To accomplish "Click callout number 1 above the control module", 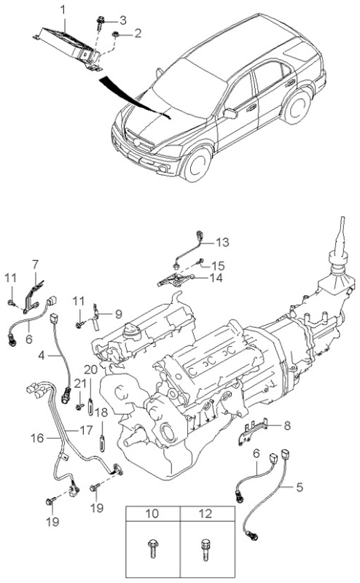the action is coord(63,9).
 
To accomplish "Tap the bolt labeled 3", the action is coord(101,23).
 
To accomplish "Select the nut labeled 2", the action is coord(116,35).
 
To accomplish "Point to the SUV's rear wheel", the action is coord(297,106).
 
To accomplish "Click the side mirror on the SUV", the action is coord(230,113).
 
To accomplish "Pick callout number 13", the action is coord(222,243).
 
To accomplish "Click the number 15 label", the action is coord(218,266).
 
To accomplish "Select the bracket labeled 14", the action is coord(176,280).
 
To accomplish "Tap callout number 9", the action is coord(118,314).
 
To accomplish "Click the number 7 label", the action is coord(35,265).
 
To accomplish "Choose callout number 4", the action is coord(42,356).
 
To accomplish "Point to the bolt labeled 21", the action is coord(79,407).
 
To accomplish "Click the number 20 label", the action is coord(91,369).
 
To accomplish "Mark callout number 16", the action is coord(37,438).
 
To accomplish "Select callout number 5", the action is coord(300,487).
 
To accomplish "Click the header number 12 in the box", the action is coord(205,514).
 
